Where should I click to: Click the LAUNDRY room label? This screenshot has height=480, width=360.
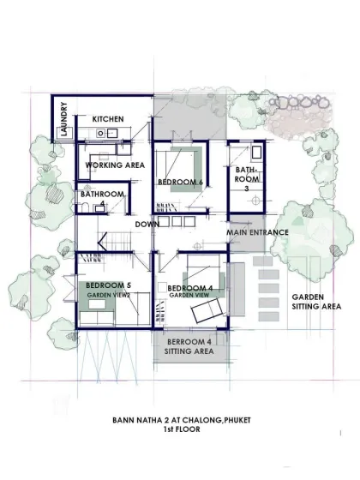(64, 119)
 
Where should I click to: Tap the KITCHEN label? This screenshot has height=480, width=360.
(108, 119)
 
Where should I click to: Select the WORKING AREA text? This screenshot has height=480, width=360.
(115, 165)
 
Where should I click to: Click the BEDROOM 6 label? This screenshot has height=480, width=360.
(180, 182)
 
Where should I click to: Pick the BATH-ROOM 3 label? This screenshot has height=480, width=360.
(247, 179)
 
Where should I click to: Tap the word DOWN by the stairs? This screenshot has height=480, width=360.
(147, 225)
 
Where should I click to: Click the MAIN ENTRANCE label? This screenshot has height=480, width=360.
(257, 232)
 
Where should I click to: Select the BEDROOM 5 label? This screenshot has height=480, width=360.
(108, 285)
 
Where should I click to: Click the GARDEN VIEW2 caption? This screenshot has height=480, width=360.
(109, 296)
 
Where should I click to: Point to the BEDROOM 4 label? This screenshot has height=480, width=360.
(190, 288)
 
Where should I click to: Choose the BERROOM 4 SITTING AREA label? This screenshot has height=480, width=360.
(189, 346)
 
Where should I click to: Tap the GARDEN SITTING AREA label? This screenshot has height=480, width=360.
(316, 302)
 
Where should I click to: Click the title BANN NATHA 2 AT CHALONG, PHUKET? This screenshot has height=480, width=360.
(182, 420)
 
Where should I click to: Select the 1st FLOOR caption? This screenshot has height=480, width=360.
(182, 429)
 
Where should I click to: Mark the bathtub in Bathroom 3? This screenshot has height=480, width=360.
(256, 153)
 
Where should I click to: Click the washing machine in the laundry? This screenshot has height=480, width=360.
(64, 132)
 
